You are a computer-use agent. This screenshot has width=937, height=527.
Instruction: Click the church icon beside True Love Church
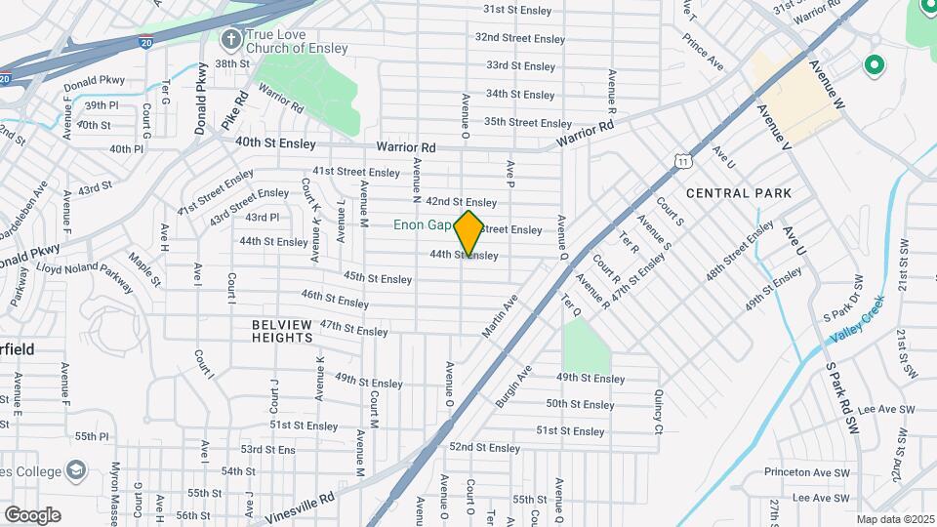pyautogui.click(x=230, y=40)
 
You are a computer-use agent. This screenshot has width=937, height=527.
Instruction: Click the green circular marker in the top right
pyautogui.click(x=874, y=65)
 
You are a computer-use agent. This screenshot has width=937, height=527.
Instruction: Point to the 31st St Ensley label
pyautogui.click(x=518, y=9)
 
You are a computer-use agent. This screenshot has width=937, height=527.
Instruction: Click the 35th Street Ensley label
pyautogui.click(x=527, y=123)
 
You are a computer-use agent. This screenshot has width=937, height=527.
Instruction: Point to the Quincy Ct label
pyautogui.click(x=659, y=413)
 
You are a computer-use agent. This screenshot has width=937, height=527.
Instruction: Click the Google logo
pyautogui.click(x=32, y=515)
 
